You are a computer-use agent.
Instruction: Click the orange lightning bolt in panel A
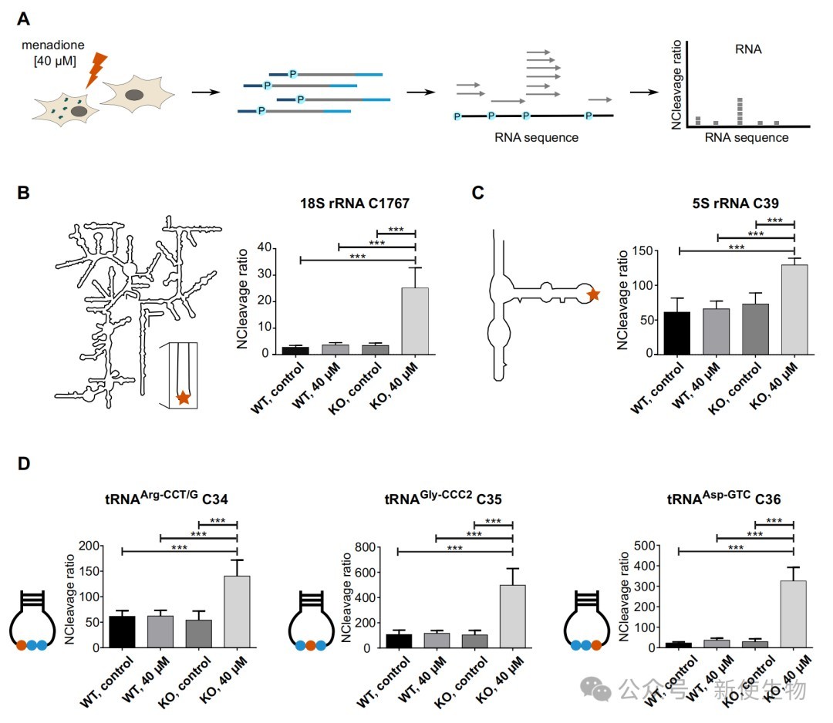click(96, 69)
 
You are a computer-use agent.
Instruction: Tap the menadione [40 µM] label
click(53, 53)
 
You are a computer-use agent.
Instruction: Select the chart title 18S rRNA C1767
click(354, 203)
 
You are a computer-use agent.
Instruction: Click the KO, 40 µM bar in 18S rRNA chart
click(415, 321)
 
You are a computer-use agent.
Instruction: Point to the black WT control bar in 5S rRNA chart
click(677, 333)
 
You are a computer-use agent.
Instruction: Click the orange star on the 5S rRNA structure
click(593, 294)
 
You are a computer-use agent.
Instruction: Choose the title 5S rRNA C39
click(735, 203)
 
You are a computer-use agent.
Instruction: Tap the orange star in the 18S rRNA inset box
click(184, 397)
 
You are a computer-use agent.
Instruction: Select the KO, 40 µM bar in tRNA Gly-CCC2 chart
click(513, 617)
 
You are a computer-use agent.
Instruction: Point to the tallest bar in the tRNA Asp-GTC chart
click(793, 614)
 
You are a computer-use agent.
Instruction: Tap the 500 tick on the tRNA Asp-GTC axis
click(644, 546)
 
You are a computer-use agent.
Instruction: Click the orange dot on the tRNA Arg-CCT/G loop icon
click(22, 645)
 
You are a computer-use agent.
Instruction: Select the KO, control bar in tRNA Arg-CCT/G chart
click(199, 634)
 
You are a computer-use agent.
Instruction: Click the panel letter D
click(23, 463)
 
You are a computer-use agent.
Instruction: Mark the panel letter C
click(477, 192)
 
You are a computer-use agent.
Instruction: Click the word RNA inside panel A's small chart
click(748, 49)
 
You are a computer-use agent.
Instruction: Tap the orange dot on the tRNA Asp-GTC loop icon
click(596, 645)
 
